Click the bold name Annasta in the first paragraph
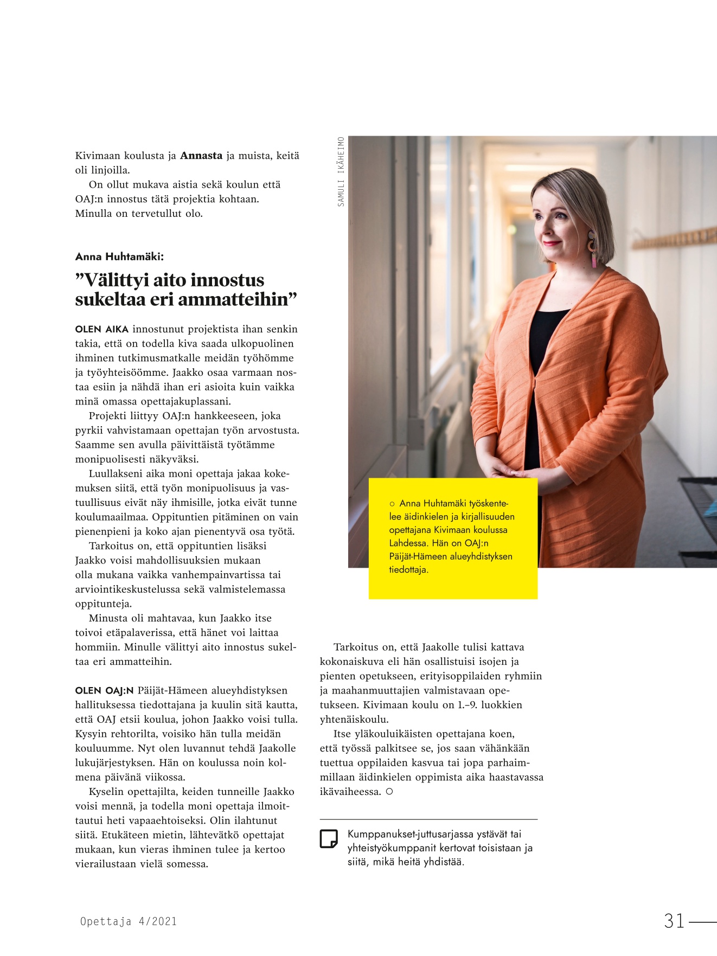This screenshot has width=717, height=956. pyautogui.click(x=201, y=156)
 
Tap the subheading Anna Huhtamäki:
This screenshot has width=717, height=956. pyautogui.click(x=119, y=256)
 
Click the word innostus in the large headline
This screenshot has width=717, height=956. pyautogui.click(x=227, y=280)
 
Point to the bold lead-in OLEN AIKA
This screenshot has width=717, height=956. pyautogui.click(x=102, y=329)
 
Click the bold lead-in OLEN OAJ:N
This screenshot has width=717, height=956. pyautogui.click(x=104, y=691)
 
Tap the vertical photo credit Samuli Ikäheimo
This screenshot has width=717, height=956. pyautogui.click(x=341, y=171)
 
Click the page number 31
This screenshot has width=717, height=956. pyautogui.click(x=675, y=921)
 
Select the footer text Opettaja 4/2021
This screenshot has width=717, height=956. pyautogui.click(x=129, y=921)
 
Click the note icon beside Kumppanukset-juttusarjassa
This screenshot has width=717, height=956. pyautogui.click(x=329, y=838)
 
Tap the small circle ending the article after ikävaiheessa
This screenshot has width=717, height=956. pyautogui.click(x=389, y=792)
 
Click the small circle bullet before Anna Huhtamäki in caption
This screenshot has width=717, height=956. pyautogui.click(x=392, y=504)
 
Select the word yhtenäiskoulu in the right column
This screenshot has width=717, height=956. pyautogui.click(x=354, y=720)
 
